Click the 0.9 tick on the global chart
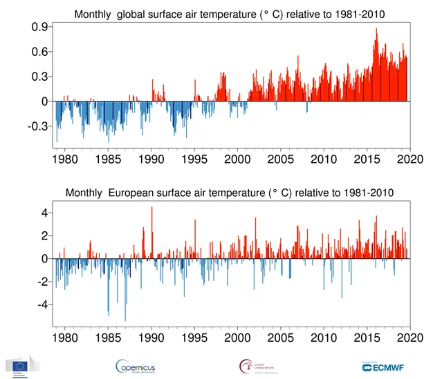point(39,26)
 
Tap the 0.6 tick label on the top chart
point(39,52)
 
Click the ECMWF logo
point(386,366)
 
